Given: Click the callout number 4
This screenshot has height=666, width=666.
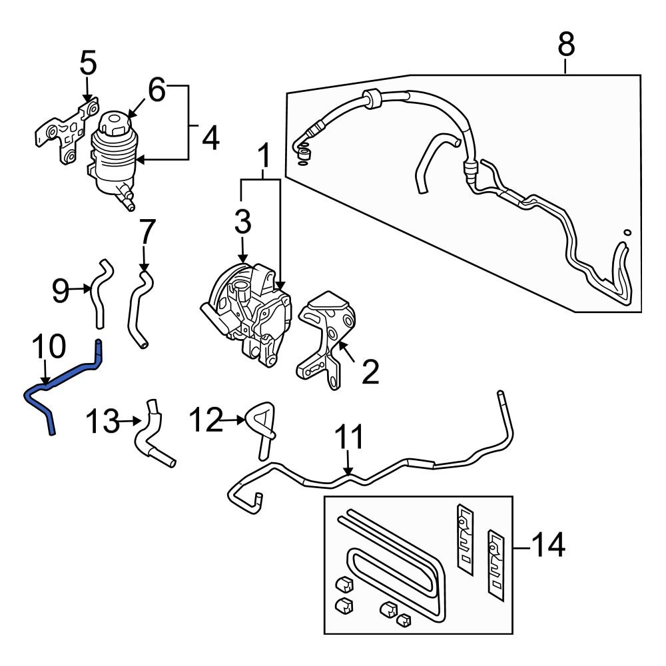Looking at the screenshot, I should (x=210, y=139).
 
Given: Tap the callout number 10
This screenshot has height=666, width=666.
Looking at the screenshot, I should (x=49, y=346).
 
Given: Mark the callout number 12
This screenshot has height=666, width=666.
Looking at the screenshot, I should (x=204, y=420).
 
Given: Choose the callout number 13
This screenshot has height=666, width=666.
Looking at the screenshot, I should (x=103, y=421).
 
